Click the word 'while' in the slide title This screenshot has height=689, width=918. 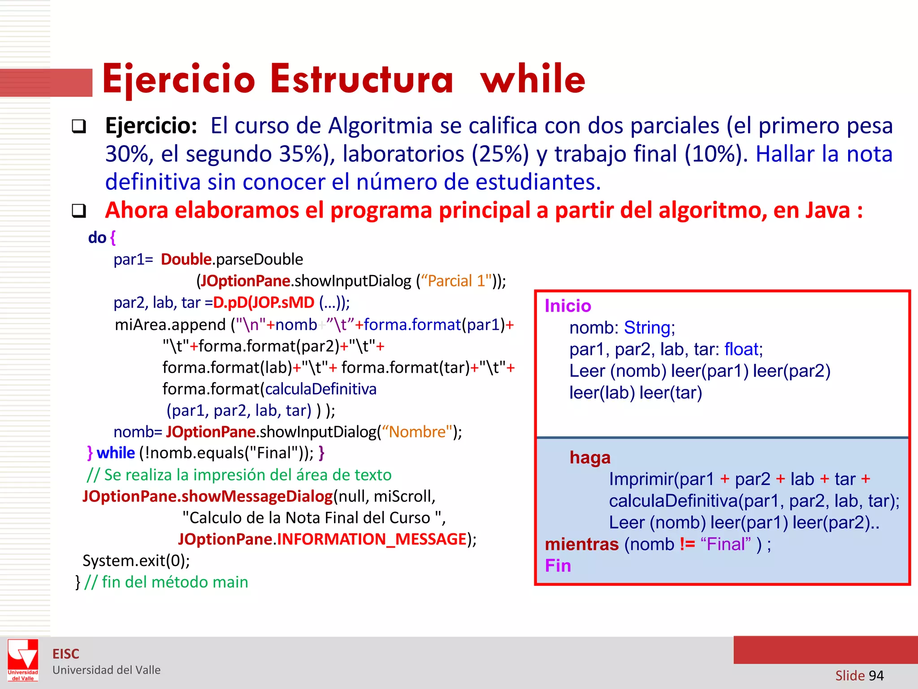click(x=533, y=79)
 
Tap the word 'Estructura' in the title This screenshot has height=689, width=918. click(x=361, y=79)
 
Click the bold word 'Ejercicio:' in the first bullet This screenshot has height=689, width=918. click(x=151, y=126)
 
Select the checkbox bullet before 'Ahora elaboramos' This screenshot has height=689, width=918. click(x=79, y=210)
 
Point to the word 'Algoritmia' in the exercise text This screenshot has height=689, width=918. click(x=380, y=126)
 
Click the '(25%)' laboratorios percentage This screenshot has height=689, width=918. click(x=500, y=154)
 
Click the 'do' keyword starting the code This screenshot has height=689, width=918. click(x=97, y=238)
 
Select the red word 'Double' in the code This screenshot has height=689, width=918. click(x=186, y=259)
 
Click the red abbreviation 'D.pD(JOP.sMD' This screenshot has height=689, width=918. click(x=264, y=303)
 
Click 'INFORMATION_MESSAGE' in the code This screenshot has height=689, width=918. click(x=372, y=539)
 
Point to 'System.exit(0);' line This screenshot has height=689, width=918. click(x=136, y=561)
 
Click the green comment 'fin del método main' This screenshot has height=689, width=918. click(x=175, y=582)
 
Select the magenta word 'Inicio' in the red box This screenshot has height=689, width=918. click(x=568, y=306)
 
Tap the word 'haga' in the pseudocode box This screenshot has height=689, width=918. click(x=590, y=458)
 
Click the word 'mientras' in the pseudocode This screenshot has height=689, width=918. click(x=581, y=544)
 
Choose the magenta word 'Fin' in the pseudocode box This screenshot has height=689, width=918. click(x=558, y=566)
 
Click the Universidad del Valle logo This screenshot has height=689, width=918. click(x=23, y=660)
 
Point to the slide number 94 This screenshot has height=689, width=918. click(x=876, y=676)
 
